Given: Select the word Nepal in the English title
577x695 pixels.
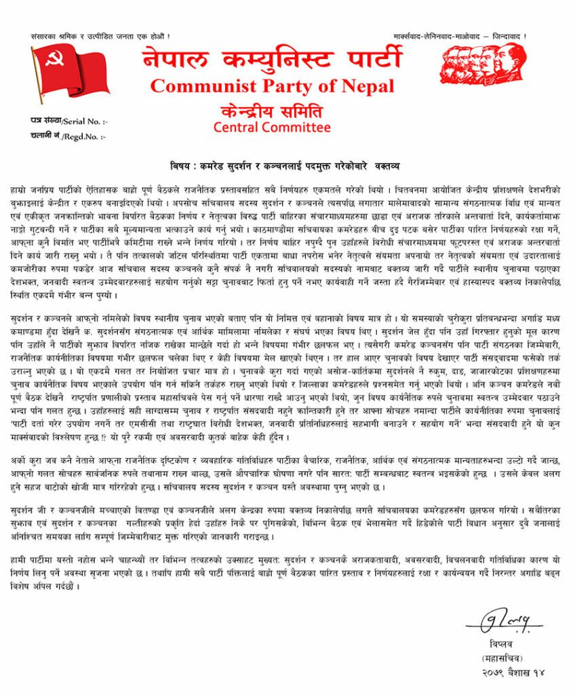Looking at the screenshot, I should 367,86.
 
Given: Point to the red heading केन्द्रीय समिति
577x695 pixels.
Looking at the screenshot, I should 271,110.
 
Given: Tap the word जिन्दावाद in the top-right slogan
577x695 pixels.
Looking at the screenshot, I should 510,35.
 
